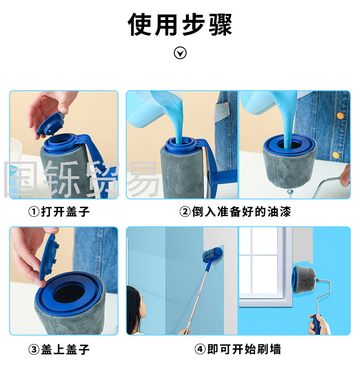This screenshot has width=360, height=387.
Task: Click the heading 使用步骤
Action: pos(180,25)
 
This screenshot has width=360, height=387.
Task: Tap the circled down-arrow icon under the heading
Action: pos(180,53)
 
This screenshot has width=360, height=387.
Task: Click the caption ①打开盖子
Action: pos(59,212)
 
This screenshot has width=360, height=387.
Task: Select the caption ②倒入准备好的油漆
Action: pos(235,212)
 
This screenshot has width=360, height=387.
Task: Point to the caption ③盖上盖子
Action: pos(59,350)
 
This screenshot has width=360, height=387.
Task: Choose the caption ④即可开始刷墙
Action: pos(238,349)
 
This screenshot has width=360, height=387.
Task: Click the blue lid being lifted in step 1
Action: pos(51,124)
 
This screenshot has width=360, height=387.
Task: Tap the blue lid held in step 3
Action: pos(49,257)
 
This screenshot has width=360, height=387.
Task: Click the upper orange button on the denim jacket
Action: pos(340,116)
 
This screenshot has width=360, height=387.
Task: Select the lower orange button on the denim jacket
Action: pos(335,155)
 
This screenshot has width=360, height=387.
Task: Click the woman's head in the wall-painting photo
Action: pos(136,304)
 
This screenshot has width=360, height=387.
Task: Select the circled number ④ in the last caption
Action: pos(200,350)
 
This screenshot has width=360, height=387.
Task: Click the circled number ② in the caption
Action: pos(185,212)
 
